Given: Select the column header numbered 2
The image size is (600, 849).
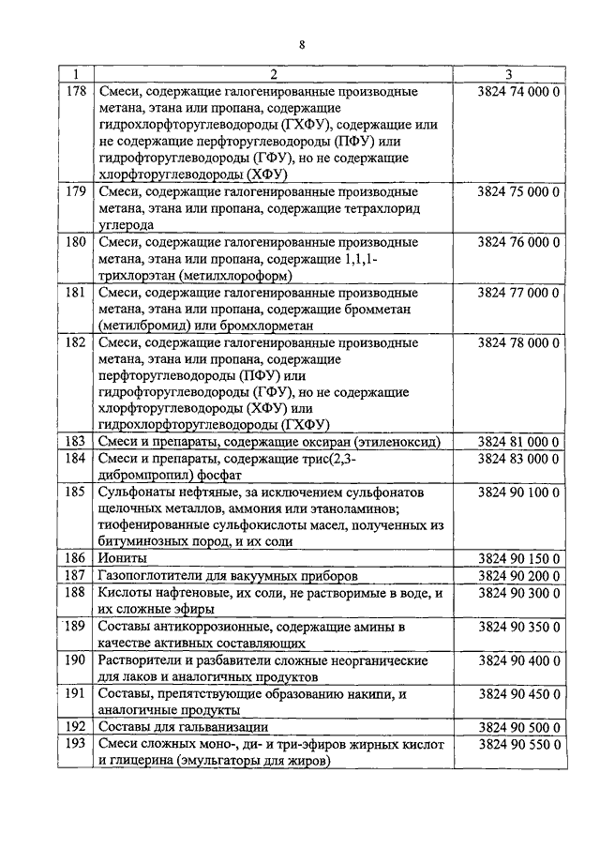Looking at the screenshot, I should pyautogui.click(x=273, y=75).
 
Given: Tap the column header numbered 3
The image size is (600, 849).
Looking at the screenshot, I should pyautogui.click(x=507, y=75).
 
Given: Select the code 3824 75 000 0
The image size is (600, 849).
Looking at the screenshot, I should pyautogui.click(x=517, y=191).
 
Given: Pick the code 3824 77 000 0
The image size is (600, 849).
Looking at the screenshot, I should pyautogui.click(x=517, y=292).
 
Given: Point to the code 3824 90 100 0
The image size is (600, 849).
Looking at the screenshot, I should pyautogui.click(x=517, y=492).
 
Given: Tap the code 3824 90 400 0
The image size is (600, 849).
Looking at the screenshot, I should pyautogui.click(x=517, y=659).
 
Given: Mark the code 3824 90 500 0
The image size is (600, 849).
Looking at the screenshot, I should pyautogui.click(x=517, y=726).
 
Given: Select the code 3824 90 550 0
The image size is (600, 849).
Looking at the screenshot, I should pyautogui.click(x=517, y=743).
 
